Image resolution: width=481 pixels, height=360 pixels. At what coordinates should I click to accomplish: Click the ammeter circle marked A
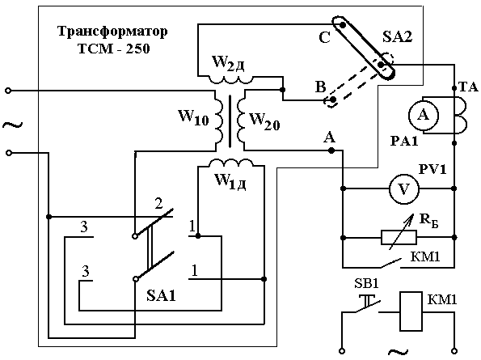tap(424, 116)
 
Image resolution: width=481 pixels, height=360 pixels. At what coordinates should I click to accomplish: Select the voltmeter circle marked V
tap(404, 189)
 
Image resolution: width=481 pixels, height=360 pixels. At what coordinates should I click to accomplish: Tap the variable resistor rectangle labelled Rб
tap(399, 237)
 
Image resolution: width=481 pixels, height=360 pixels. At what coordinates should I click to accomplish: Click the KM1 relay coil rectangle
tap(411, 311)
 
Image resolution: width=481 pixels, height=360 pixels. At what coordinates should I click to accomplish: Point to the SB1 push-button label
tap(366, 284)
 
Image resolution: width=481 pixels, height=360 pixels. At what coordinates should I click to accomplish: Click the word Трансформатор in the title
tap(112, 32)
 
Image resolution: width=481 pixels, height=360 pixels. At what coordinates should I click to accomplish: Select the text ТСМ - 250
tap(114, 49)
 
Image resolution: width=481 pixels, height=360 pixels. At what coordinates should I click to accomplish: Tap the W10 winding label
tap(193, 117)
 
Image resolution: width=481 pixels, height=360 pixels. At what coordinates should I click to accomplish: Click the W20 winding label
tap(264, 121)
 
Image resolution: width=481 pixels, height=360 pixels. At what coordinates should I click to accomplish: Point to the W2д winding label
tap(228, 64)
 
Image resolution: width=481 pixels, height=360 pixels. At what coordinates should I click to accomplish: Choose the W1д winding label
tap(230, 181)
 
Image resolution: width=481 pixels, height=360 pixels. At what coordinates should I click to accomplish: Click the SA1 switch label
tap(162, 296)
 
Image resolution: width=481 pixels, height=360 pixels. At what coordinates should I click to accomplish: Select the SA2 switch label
tap(397, 37)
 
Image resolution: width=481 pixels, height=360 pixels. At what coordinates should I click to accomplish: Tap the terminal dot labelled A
tap(331, 150)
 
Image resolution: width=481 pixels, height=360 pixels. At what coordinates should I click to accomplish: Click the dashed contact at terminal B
tap(332, 100)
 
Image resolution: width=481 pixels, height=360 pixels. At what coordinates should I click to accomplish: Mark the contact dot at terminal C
tap(343, 25)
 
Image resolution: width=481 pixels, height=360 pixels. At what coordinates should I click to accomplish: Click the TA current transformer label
tap(468, 87)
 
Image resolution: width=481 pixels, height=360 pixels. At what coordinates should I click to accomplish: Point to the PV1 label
tap(432, 169)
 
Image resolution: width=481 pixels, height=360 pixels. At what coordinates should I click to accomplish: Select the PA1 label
tap(404, 142)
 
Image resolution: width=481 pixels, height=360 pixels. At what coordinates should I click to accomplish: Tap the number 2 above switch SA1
tap(158, 204)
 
